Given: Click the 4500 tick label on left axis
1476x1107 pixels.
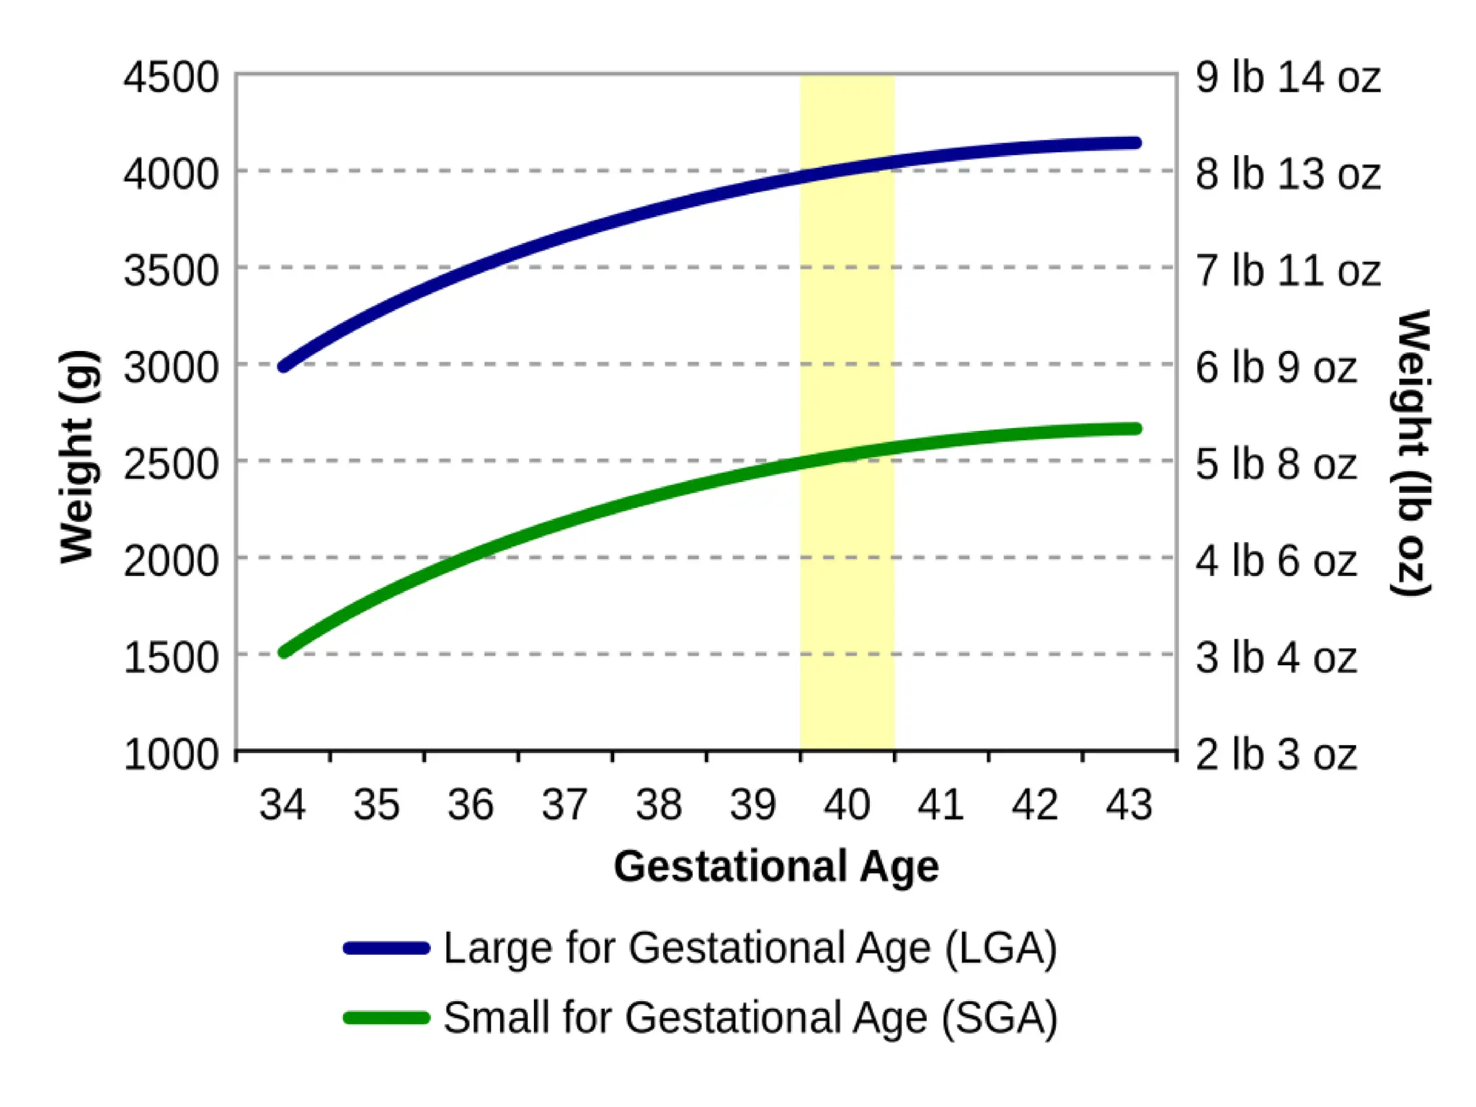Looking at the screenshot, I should point(171,77).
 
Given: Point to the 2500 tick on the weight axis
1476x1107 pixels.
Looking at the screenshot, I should point(171,464).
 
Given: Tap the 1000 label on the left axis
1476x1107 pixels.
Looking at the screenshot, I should point(171,755).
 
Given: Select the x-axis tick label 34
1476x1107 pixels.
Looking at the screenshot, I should point(283,805).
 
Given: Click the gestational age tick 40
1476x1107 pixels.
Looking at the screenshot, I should point(847,805).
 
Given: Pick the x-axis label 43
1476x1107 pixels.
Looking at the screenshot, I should point(1129,805).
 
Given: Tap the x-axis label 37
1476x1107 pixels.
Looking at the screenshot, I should point(564,805).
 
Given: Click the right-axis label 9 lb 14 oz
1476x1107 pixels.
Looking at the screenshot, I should point(1288,77).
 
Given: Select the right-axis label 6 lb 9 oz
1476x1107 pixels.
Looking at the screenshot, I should point(1276,368).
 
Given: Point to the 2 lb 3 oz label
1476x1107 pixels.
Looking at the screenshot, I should point(1276,755).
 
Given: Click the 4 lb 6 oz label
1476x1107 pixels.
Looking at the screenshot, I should point(1276,561).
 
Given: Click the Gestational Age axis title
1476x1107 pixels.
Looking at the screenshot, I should point(776,866).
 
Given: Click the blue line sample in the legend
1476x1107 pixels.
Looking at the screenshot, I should point(387,948).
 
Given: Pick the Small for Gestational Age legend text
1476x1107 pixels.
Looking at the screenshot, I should point(750,1018).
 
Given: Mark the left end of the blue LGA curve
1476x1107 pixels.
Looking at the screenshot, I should point(284,366).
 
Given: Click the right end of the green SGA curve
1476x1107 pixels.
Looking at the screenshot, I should point(1137,429).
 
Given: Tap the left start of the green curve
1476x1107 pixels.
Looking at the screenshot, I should point(284,652).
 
